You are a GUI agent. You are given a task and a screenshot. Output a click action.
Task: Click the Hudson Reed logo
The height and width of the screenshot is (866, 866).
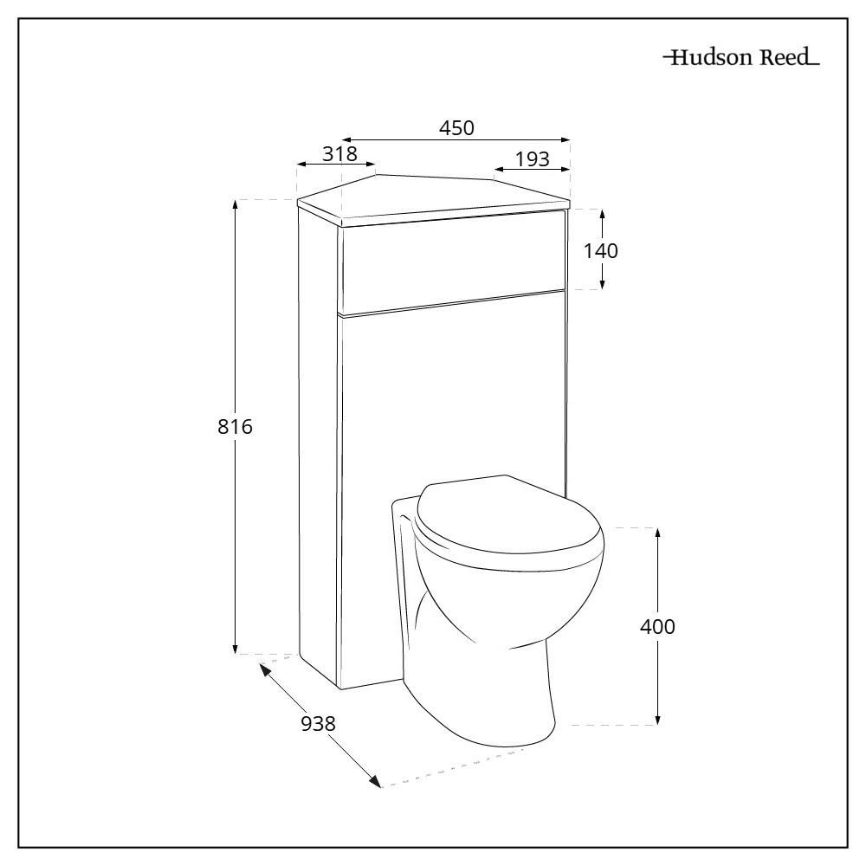pyautogui.click(x=740, y=60)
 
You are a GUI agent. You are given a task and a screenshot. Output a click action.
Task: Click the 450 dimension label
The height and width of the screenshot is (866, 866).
pyautogui.click(x=456, y=127)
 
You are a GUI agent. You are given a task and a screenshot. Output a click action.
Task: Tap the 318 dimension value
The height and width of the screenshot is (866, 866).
pyautogui.click(x=339, y=154)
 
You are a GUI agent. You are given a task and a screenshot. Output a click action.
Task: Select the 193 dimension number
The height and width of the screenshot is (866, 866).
pyautogui.click(x=532, y=159)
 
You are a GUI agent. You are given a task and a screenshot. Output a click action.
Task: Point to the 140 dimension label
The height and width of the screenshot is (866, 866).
pyautogui.click(x=601, y=251)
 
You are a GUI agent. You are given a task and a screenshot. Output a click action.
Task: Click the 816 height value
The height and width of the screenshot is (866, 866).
pyautogui.click(x=234, y=427)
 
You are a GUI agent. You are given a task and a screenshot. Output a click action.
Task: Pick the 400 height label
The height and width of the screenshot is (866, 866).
pyautogui.click(x=657, y=627)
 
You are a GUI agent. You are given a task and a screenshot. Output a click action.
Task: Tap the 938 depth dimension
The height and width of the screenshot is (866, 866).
pyautogui.click(x=318, y=724)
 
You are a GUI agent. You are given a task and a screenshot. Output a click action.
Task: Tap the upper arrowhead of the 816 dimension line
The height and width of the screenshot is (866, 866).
pyautogui.click(x=236, y=204)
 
